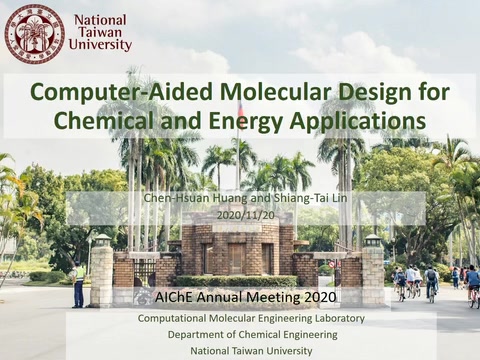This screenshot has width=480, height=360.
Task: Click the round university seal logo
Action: pyautogui.click(x=35, y=33)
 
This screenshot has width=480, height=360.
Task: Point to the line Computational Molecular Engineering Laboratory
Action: pyautogui.click(x=250, y=318)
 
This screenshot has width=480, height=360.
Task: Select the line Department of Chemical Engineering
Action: pyautogui.click(x=250, y=334)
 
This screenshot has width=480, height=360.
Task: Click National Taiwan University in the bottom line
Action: pyautogui.click(x=250, y=351)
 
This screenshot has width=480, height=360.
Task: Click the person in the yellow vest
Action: pyautogui.click(x=79, y=283)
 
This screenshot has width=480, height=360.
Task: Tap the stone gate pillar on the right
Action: pyautogui.click(x=372, y=272)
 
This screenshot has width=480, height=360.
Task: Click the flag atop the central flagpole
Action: pyautogui.click(x=240, y=109)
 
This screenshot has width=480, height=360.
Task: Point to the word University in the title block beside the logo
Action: pyautogui.click(x=100, y=45)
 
